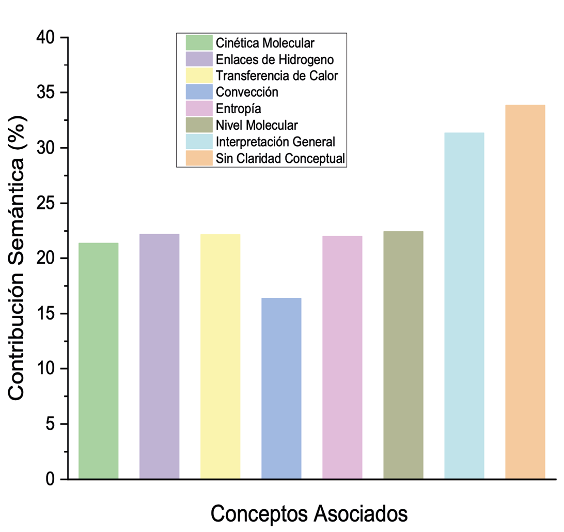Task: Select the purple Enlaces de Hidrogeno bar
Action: tap(159, 357)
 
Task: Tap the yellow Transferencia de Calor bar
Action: tap(221, 357)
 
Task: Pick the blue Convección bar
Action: tap(281, 388)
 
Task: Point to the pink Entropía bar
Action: tap(342, 357)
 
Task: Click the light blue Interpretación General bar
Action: tap(464, 306)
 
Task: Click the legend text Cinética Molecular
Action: tap(265, 42)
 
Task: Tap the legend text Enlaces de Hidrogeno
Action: tap(275, 59)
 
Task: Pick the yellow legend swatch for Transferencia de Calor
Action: tap(199, 75)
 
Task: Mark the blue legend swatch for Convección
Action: tap(199, 92)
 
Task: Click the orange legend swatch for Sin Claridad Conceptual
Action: tap(199, 158)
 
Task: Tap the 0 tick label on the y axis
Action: tap(54, 479)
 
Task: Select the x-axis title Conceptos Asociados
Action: tap(309, 513)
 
